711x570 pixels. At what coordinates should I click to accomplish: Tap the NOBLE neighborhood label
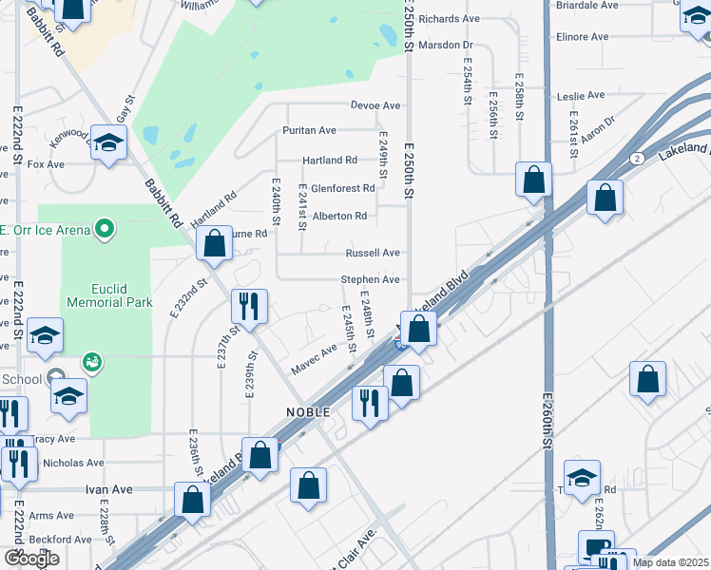[x=307, y=412]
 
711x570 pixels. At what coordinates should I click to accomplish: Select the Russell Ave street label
[x=373, y=254]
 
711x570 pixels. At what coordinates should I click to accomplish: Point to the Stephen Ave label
[x=371, y=280]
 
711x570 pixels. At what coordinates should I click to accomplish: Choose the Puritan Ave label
[x=309, y=130]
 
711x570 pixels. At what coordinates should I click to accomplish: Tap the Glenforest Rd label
[x=342, y=189]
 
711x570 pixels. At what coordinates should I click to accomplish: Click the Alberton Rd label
[x=339, y=217]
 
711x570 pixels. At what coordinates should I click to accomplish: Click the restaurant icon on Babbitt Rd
[x=249, y=306]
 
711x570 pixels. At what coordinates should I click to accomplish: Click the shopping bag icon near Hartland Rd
[x=215, y=243]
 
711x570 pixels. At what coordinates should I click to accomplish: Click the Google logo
[x=31, y=559]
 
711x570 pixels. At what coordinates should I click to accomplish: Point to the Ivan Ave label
[x=108, y=489]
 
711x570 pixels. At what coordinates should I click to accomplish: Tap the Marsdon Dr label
[x=446, y=45]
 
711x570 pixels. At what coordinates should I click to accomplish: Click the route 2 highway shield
[x=637, y=157]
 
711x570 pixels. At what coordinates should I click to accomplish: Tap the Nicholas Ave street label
[x=74, y=464]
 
